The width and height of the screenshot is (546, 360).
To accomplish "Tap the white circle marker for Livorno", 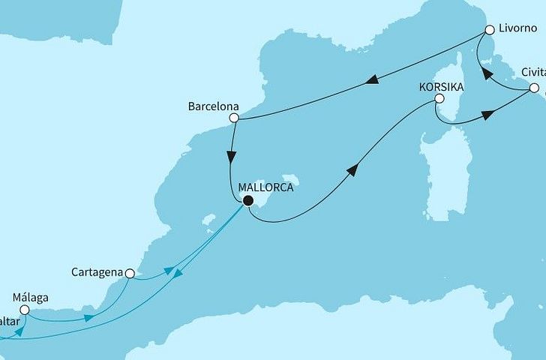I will (489, 31).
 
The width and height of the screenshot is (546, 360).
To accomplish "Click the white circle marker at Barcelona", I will (234, 118).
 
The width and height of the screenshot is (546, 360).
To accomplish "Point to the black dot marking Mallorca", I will (247, 200).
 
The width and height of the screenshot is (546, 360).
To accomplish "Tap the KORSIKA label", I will (440, 86).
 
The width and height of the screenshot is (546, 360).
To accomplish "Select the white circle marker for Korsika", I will (439, 98).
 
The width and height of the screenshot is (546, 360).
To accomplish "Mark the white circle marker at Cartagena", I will (130, 274).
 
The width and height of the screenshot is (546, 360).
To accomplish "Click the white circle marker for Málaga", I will (24, 309).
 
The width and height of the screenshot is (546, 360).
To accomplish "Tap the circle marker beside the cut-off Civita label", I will (534, 88).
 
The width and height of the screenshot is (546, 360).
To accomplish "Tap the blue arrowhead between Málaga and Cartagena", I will (88, 318).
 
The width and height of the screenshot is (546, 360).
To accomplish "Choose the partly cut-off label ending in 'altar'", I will (10, 320).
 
